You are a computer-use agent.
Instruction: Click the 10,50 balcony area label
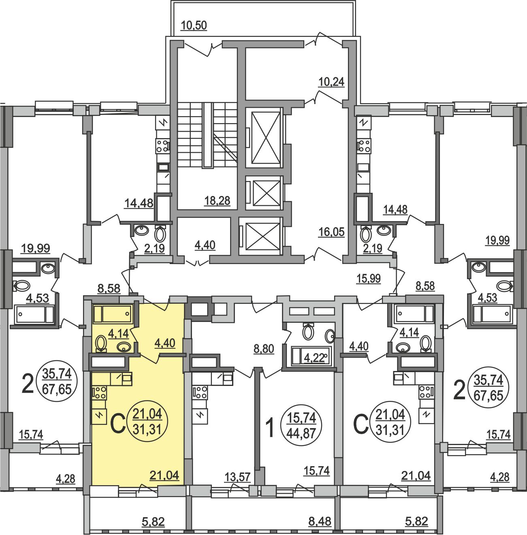[x=194, y=26]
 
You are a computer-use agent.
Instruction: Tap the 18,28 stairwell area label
[x=217, y=200]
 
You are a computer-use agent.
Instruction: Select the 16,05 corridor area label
[x=331, y=232]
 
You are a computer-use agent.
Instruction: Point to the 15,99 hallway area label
[x=368, y=278]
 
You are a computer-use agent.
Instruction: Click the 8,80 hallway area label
[x=264, y=349]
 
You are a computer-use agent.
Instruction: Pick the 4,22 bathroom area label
[x=313, y=358]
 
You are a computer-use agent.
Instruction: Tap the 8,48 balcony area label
[x=320, y=521]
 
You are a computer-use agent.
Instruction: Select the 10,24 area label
[x=331, y=82]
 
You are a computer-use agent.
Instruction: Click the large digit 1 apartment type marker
[x=270, y=428]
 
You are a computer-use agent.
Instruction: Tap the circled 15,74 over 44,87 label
[x=302, y=426]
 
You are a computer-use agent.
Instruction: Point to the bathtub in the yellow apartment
[x=112, y=314]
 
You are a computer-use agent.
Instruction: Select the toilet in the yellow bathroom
[x=100, y=344]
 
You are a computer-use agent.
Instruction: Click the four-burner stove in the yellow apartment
[x=99, y=392]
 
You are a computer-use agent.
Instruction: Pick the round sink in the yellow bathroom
[x=124, y=347]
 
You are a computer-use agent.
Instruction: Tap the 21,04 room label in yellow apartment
[x=164, y=475]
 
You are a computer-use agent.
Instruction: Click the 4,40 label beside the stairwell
[x=205, y=245]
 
